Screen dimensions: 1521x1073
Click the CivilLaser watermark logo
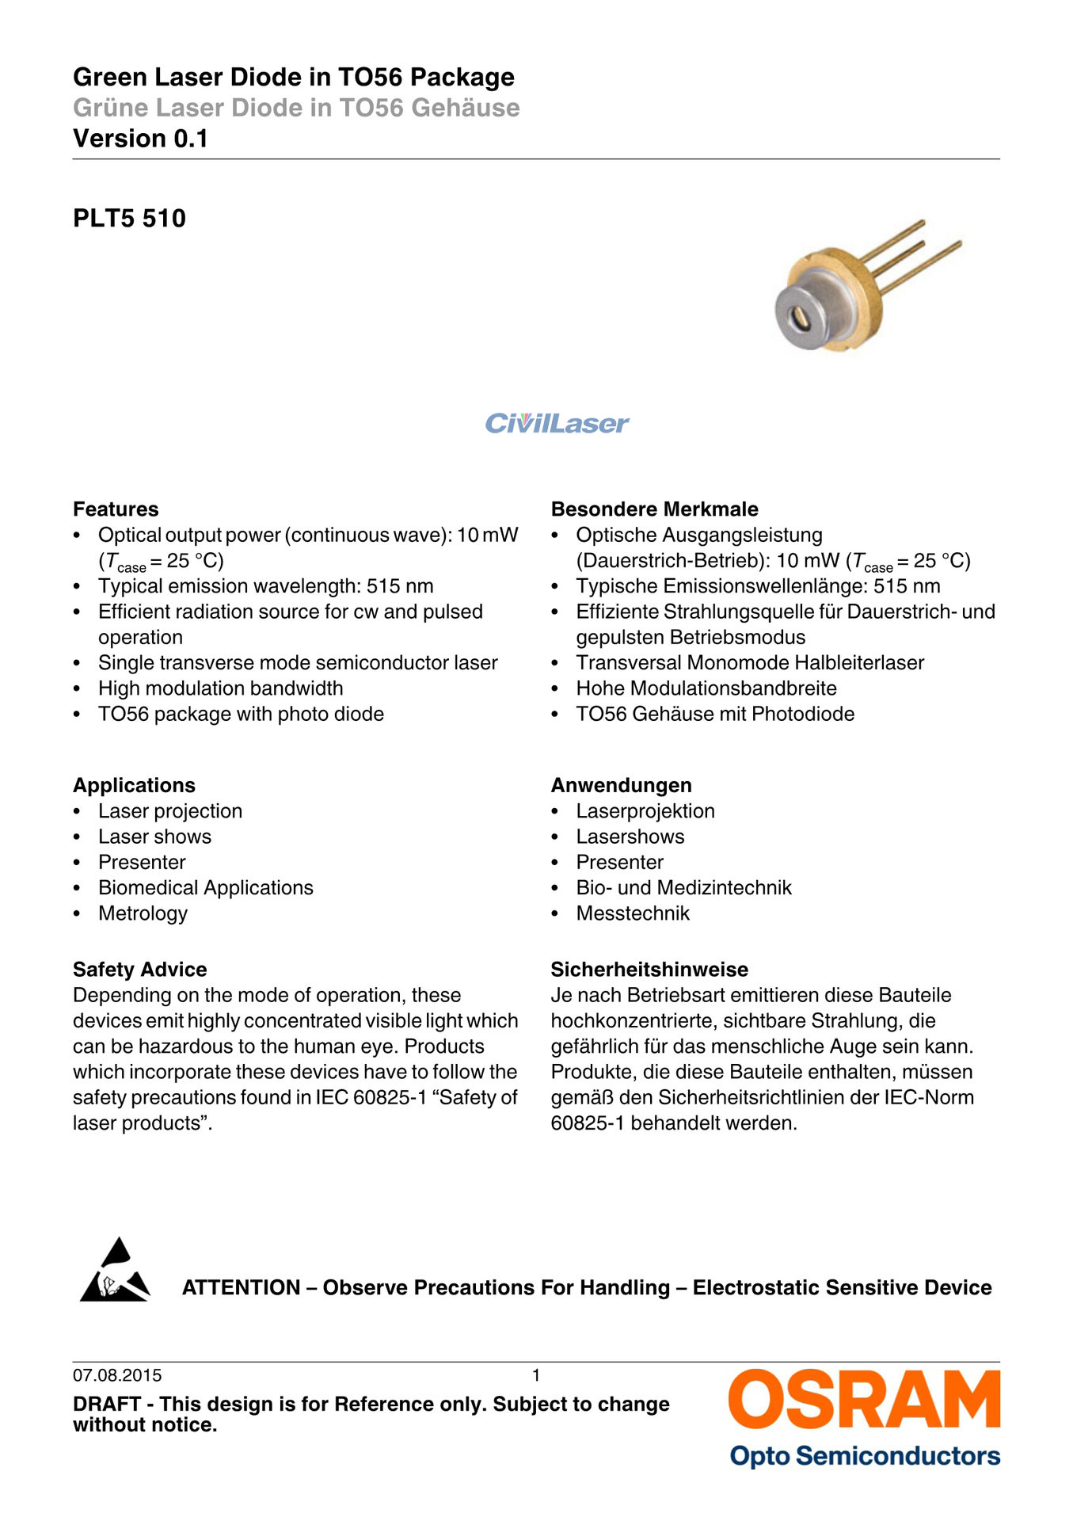click(557, 424)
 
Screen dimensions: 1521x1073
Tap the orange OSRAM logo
click(864, 1401)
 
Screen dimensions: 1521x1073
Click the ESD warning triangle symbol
click(115, 1271)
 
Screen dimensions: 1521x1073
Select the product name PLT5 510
click(129, 219)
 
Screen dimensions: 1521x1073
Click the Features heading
click(116, 509)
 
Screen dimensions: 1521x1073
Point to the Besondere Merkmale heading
click(654, 509)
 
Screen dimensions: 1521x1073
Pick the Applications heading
click(134, 786)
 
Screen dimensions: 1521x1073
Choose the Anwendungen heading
click(621, 786)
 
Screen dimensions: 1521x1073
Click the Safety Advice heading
click(139, 970)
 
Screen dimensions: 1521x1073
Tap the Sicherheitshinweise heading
click(649, 970)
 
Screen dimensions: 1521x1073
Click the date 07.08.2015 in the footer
click(117, 1376)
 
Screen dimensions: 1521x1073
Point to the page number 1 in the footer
click(536, 1376)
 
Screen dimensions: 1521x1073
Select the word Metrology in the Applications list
click(143, 914)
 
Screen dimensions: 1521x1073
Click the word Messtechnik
click(633, 914)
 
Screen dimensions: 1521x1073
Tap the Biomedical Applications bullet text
click(206, 888)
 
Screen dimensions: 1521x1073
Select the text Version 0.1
click(140, 139)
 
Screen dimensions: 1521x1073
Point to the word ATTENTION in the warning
click(241, 1288)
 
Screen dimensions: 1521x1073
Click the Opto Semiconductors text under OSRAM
click(865, 1456)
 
